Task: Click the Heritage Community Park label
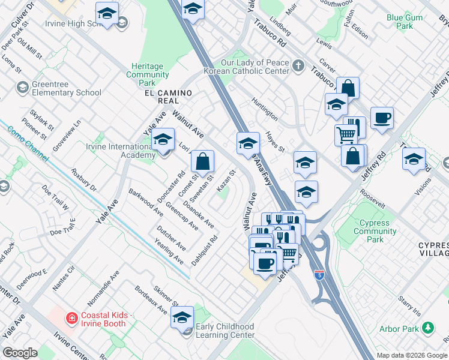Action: pos(148,74)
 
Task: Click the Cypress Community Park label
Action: pos(375,231)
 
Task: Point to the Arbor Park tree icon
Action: pos(428,328)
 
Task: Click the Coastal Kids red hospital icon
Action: pos(71,318)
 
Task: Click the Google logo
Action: pos(20,353)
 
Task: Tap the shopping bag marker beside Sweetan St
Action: pos(203,161)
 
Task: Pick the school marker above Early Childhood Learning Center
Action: pos(182,317)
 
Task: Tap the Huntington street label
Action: pos(265,107)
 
